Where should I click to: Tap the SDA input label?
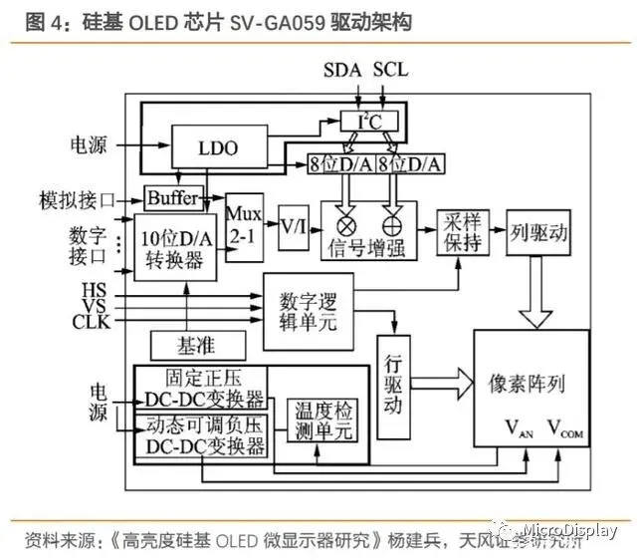(344, 73)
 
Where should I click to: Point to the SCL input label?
(390, 73)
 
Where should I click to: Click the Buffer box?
(172, 197)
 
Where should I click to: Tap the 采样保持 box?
(461, 232)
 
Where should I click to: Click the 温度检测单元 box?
(320, 420)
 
